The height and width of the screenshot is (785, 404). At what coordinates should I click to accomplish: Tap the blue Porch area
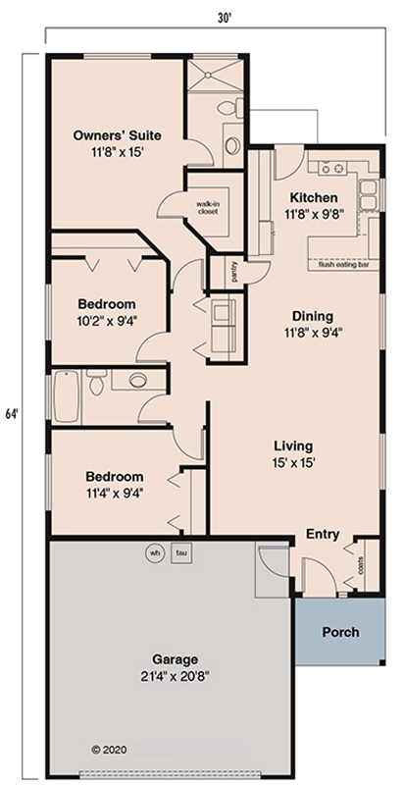point(340,632)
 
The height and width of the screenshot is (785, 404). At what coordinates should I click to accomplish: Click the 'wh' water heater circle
point(154,552)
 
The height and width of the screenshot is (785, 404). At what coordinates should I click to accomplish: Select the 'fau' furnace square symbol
point(180,552)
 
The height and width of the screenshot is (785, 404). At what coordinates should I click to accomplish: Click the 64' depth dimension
point(12,413)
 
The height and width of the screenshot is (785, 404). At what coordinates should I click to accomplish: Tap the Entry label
point(323,535)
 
